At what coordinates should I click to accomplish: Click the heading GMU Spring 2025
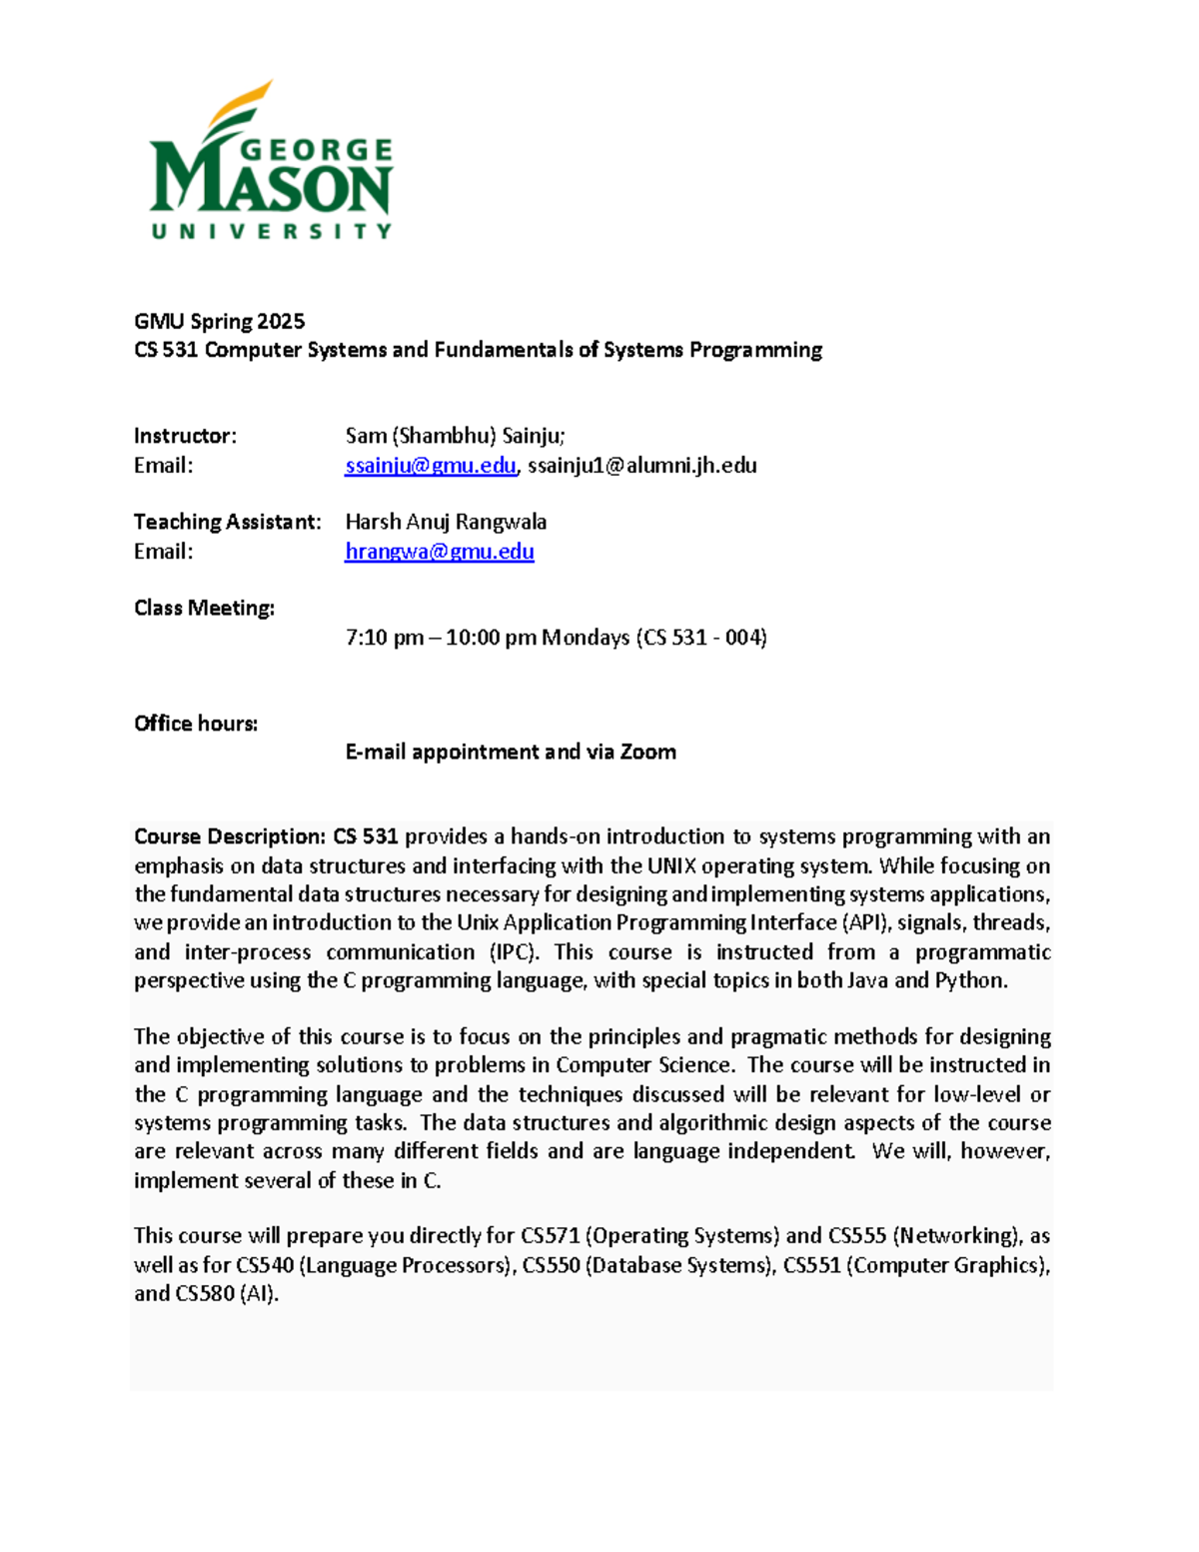click(219, 321)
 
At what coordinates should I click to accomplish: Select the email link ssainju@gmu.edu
click(431, 466)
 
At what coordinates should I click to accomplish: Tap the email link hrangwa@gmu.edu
click(439, 552)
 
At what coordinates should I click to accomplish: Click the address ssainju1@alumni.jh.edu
click(641, 466)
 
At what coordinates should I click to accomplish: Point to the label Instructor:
click(185, 436)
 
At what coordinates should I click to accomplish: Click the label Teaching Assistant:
click(227, 522)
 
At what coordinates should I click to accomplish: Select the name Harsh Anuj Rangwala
click(446, 522)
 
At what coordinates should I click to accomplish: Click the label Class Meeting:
click(204, 608)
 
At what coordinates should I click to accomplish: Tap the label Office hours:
click(196, 724)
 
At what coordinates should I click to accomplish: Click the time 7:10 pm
click(384, 638)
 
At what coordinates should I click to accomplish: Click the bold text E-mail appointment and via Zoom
click(511, 752)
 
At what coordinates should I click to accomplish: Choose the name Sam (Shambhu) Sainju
click(455, 436)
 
